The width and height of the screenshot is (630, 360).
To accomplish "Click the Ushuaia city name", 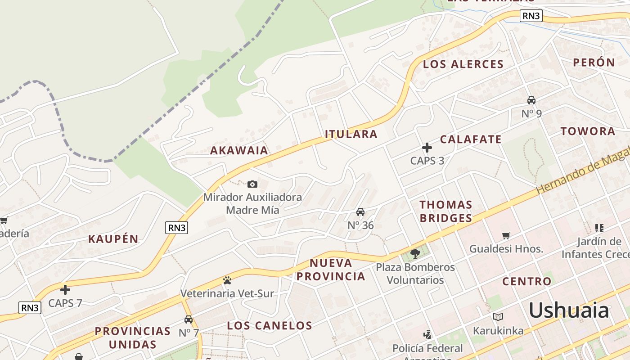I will (569, 310).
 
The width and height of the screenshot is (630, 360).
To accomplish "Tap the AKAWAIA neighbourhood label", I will (239, 150).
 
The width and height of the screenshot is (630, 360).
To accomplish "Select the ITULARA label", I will (351, 134).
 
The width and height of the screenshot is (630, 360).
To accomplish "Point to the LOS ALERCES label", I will (463, 64).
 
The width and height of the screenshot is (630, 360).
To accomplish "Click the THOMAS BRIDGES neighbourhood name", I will (445, 211).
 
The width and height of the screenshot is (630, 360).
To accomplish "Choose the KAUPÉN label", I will (113, 239).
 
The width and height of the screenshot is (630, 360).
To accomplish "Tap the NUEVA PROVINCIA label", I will (331, 270).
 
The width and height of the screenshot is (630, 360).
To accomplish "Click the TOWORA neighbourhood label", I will (588, 131).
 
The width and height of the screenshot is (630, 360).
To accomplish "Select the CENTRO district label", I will (526, 282).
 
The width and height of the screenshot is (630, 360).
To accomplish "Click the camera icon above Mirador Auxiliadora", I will (252, 184).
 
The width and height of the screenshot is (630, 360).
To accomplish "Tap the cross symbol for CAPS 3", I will (427, 147).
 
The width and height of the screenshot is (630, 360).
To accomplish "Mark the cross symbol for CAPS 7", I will (65, 290).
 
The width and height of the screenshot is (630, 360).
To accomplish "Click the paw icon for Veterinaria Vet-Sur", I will (227, 280).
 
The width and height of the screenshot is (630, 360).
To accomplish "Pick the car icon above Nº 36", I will (360, 211).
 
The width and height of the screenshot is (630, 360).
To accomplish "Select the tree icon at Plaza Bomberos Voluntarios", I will (415, 254).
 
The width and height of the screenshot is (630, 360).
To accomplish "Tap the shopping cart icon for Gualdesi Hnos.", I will (506, 235).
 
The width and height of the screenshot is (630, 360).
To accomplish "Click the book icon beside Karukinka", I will (498, 317).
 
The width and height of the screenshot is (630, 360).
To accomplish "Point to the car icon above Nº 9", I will (531, 100).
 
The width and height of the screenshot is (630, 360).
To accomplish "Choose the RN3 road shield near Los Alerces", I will (531, 16).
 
